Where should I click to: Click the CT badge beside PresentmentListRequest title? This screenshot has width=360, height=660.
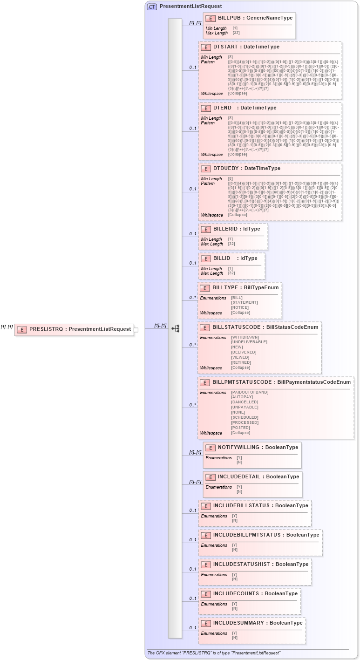click(x=152, y=7)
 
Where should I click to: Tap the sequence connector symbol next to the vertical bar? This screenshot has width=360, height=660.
click(x=176, y=329)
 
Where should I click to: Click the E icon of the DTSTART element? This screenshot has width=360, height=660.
click(x=206, y=47)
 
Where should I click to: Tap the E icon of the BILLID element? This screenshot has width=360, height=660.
click(x=205, y=259)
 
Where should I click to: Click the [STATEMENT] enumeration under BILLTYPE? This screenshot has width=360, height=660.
click(x=244, y=303)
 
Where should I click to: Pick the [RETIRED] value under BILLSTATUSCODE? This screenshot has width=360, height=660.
click(x=241, y=362)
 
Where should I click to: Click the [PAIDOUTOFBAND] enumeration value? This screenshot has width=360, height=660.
click(x=250, y=393)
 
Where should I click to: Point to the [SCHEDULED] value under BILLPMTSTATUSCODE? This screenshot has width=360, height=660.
click(x=245, y=418)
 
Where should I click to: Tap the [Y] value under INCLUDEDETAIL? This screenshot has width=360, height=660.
click(x=239, y=487)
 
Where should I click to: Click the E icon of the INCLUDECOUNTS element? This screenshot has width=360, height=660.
click(x=206, y=594)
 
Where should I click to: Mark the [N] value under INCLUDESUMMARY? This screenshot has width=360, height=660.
click(x=235, y=638)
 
